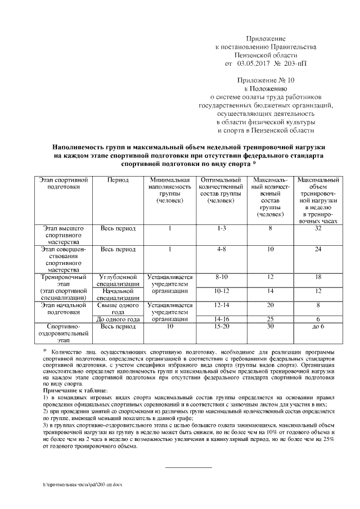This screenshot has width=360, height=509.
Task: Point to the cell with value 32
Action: (318, 228)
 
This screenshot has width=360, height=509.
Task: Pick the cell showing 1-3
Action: (220, 228)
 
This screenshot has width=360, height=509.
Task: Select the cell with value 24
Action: (318, 249)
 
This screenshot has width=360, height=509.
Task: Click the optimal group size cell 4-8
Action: (220, 249)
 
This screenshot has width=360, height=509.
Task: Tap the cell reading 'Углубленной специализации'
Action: (118, 281)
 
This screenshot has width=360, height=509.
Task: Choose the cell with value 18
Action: (318, 277)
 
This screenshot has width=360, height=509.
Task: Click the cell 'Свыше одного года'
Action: (118, 309)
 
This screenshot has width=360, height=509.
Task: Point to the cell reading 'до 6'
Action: (318, 327)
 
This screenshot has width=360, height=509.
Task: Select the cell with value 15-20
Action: (220, 327)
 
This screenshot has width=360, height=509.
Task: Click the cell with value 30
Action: (271, 327)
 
